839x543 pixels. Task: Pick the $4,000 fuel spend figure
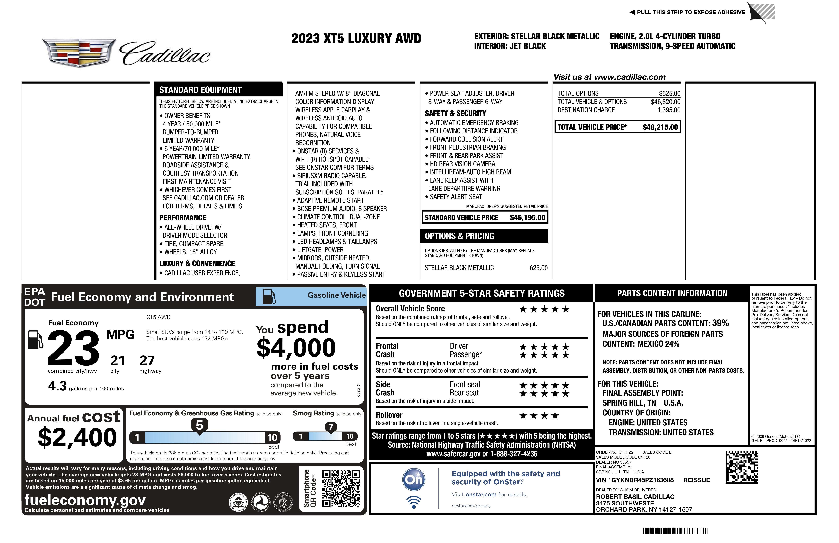click(x=296, y=348)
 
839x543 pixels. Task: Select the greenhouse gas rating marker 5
click(x=200, y=426)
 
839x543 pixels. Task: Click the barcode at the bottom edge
click(x=675, y=531)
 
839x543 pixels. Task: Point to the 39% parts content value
click(x=720, y=323)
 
